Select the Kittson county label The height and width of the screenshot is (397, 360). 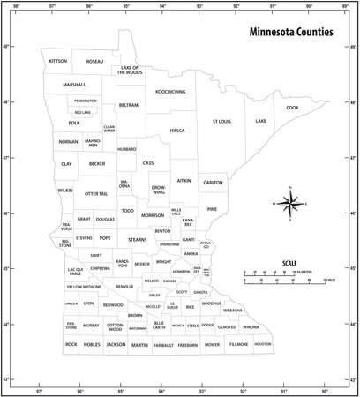58,61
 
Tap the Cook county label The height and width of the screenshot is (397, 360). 292,108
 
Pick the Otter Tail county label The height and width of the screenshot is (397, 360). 95,191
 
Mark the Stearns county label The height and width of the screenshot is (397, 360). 138,239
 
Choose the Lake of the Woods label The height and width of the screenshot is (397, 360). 130,70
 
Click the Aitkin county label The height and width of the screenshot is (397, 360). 184,180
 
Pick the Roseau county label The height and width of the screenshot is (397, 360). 94,61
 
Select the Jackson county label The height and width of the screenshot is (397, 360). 116,344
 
